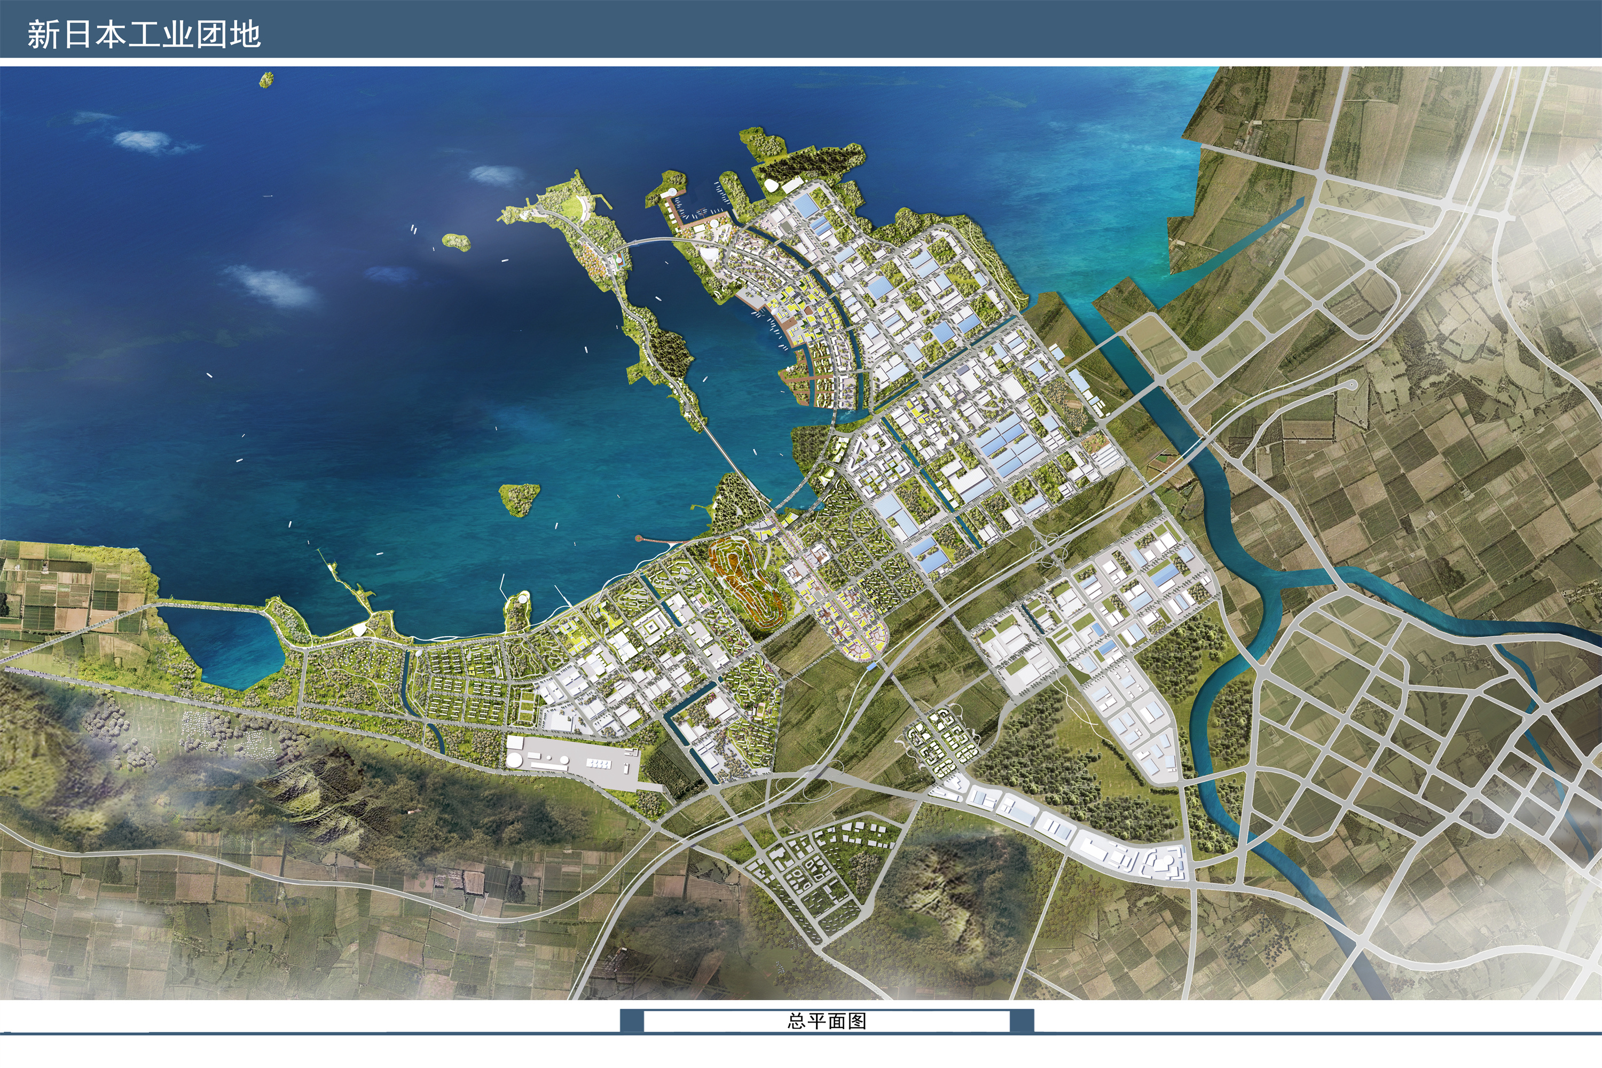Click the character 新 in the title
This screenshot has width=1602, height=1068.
43,34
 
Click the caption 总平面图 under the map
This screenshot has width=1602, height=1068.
827,1021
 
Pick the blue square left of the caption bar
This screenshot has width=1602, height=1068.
631,1021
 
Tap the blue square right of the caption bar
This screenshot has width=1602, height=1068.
1022,1021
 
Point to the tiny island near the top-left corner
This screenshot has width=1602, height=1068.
266,80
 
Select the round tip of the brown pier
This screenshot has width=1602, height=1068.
639,539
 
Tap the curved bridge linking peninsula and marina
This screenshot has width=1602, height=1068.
654,240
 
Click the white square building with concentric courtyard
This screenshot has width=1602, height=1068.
652,625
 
